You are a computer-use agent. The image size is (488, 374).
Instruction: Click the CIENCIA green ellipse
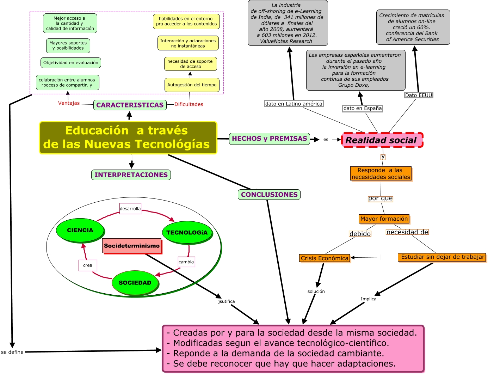80,230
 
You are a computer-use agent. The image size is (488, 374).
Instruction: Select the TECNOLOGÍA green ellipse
187,232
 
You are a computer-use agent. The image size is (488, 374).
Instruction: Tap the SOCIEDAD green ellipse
135,283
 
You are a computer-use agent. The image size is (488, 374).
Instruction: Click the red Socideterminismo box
132,246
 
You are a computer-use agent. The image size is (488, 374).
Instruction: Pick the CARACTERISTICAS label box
130,105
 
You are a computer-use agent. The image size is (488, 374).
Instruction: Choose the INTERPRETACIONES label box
131,175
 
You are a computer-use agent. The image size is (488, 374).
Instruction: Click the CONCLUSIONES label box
269,195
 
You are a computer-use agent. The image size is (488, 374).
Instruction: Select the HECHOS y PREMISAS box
269,139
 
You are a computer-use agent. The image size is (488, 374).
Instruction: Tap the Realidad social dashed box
382,140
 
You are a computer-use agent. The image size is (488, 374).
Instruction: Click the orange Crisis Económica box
324,258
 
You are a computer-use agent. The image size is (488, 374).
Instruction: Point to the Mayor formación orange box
384,219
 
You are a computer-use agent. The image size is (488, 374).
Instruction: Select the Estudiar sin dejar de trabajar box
442,257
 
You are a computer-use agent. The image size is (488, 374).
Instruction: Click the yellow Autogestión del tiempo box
192,85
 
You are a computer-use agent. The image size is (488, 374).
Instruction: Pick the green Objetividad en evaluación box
71,63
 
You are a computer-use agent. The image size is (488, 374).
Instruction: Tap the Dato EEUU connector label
418,95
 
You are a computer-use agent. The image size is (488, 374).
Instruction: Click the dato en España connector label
362,108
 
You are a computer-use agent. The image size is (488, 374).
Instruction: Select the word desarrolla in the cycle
130,209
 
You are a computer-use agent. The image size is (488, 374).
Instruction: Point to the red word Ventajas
69,103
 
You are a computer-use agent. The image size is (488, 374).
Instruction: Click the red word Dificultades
189,104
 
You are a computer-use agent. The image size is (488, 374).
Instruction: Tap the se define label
12,352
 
